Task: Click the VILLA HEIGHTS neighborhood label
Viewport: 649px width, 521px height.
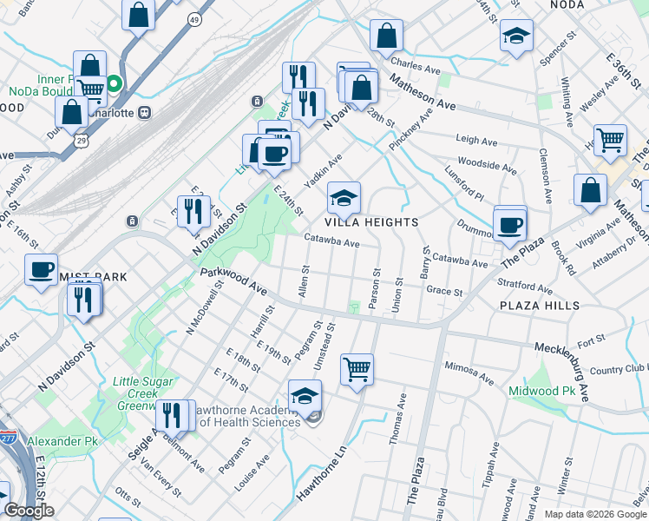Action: point(373,222)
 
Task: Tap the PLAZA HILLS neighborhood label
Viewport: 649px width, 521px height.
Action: point(533,307)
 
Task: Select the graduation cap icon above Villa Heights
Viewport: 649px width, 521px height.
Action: point(344,199)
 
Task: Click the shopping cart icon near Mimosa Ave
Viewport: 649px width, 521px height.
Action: point(357,369)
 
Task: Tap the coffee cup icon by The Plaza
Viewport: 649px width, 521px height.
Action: point(510,224)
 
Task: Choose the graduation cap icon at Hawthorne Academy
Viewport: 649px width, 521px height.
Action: point(305,397)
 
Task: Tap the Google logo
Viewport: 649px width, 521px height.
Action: point(29,511)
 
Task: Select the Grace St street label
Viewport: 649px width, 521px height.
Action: point(445,292)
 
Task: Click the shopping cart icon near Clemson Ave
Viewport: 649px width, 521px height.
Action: point(611,138)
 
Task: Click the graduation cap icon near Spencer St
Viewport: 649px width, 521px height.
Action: point(516,36)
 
